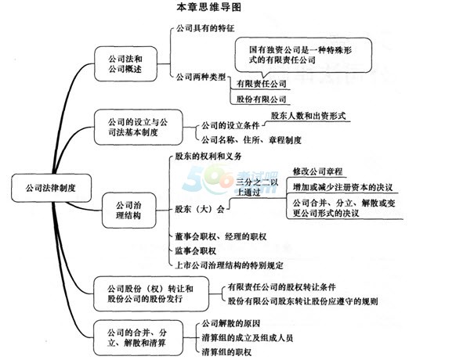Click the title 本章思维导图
pos(208,7)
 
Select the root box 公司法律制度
pos(51,188)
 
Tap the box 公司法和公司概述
pos(125,63)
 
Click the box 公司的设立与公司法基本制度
pos(138,128)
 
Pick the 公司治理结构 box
pos(128,211)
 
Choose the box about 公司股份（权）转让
pos(151,294)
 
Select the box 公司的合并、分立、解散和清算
pos(138,338)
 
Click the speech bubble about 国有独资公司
pos(303,56)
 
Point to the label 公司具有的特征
pos(205,28)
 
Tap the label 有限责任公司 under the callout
pos(262,84)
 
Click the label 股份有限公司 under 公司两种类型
pos(262,99)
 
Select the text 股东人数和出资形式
pos(308,116)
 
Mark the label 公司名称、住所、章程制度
pos(251,139)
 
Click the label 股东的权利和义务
pos(208,156)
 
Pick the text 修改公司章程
pos(318,171)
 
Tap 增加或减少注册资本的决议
pos(342,187)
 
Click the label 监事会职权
pos(196,251)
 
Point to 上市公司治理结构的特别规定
pos(229,265)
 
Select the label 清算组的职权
pos(226,352)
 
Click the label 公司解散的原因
pos(231,324)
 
